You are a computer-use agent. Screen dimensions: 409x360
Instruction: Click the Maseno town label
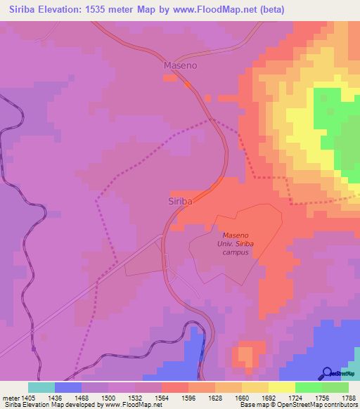click(180, 65)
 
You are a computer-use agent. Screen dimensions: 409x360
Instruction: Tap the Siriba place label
click(181, 201)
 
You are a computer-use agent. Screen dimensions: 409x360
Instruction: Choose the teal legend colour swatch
click(41, 387)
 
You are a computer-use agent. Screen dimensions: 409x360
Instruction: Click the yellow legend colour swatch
click(282, 387)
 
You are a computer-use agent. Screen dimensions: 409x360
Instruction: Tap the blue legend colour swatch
click(68, 387)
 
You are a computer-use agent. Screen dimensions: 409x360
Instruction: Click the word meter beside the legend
click(11, 398)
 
